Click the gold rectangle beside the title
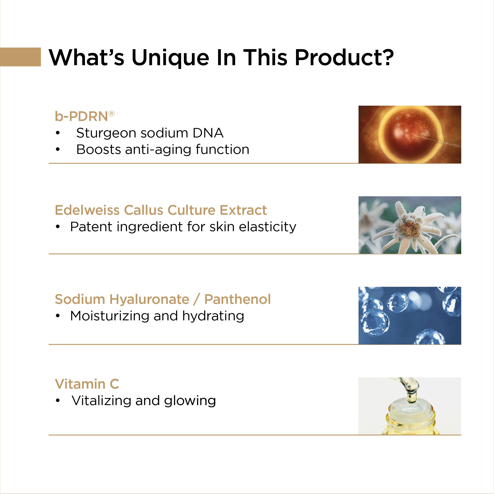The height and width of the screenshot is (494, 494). tap(20, 57)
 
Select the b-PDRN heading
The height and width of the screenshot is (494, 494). tap(85, 116)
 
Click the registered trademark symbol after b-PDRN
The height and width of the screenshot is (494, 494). tap(112, 114)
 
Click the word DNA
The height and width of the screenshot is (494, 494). tap(208, 133)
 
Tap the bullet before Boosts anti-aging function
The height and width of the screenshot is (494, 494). tap(58, 149)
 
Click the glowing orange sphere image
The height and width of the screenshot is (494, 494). tap(410, 135)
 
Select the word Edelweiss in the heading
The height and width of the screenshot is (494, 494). tap(87, 210)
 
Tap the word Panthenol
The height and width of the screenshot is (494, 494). tap(238, 299)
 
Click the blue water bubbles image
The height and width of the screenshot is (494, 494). tap(410, 316)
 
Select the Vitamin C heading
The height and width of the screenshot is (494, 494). tap(87, 384)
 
